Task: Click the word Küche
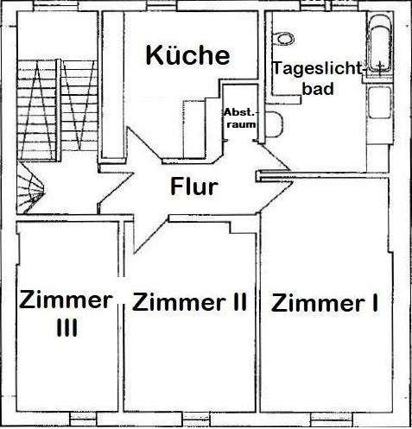(187, 56)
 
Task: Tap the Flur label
(193, 186)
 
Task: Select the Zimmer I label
(326, 303)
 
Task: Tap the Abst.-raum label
(239, 118)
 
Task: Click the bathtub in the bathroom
(381, 47)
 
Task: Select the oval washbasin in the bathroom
(283, 36)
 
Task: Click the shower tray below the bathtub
(382, 107)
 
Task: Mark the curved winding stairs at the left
(30, 186)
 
